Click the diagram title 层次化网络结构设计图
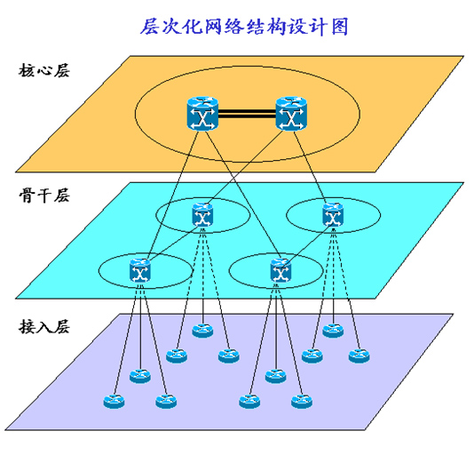[x=244, y=27]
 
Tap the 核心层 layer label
[x=44, y=70]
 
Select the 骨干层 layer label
[x=44, y=196]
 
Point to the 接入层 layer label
[x=44, y=326]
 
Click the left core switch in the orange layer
[x=202, y=114]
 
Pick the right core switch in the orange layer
[x=291, y=114]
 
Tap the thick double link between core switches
[x=247, y=115]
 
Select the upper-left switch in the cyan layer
[x=202, y=215]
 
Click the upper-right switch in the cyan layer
[x=333, y=215]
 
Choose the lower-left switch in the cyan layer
[x=139, y=270]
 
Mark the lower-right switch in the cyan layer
[x=280, y=270]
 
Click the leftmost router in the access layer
[x=114, y=402]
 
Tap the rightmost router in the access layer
[x=359, y=355]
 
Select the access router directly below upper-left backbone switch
[x=202, y=331]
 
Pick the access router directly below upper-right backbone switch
[x=333, y=331]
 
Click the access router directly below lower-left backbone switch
[x=140, y=376]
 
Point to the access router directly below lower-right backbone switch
[x=275, y=376]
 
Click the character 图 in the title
[x=340, y=27]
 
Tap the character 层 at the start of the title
[x=150, y=27]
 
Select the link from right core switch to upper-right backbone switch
[x=310, y=167]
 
